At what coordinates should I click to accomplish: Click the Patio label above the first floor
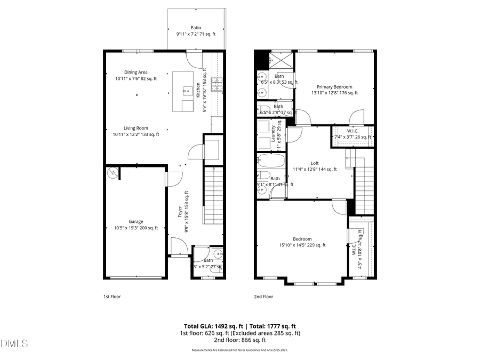point(196,28)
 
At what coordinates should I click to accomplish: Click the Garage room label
point(135,222)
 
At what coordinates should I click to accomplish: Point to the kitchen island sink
point(187,91)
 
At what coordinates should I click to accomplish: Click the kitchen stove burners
point(218,84)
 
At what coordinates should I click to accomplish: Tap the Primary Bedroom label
point(334,87)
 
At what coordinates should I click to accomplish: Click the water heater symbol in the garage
point(113,173)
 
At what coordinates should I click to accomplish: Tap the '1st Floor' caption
point(112,297)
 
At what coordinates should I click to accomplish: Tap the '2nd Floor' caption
point(263,297)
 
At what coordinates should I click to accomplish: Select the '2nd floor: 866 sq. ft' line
point(239,340)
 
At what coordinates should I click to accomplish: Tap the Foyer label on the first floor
point(180,212)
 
